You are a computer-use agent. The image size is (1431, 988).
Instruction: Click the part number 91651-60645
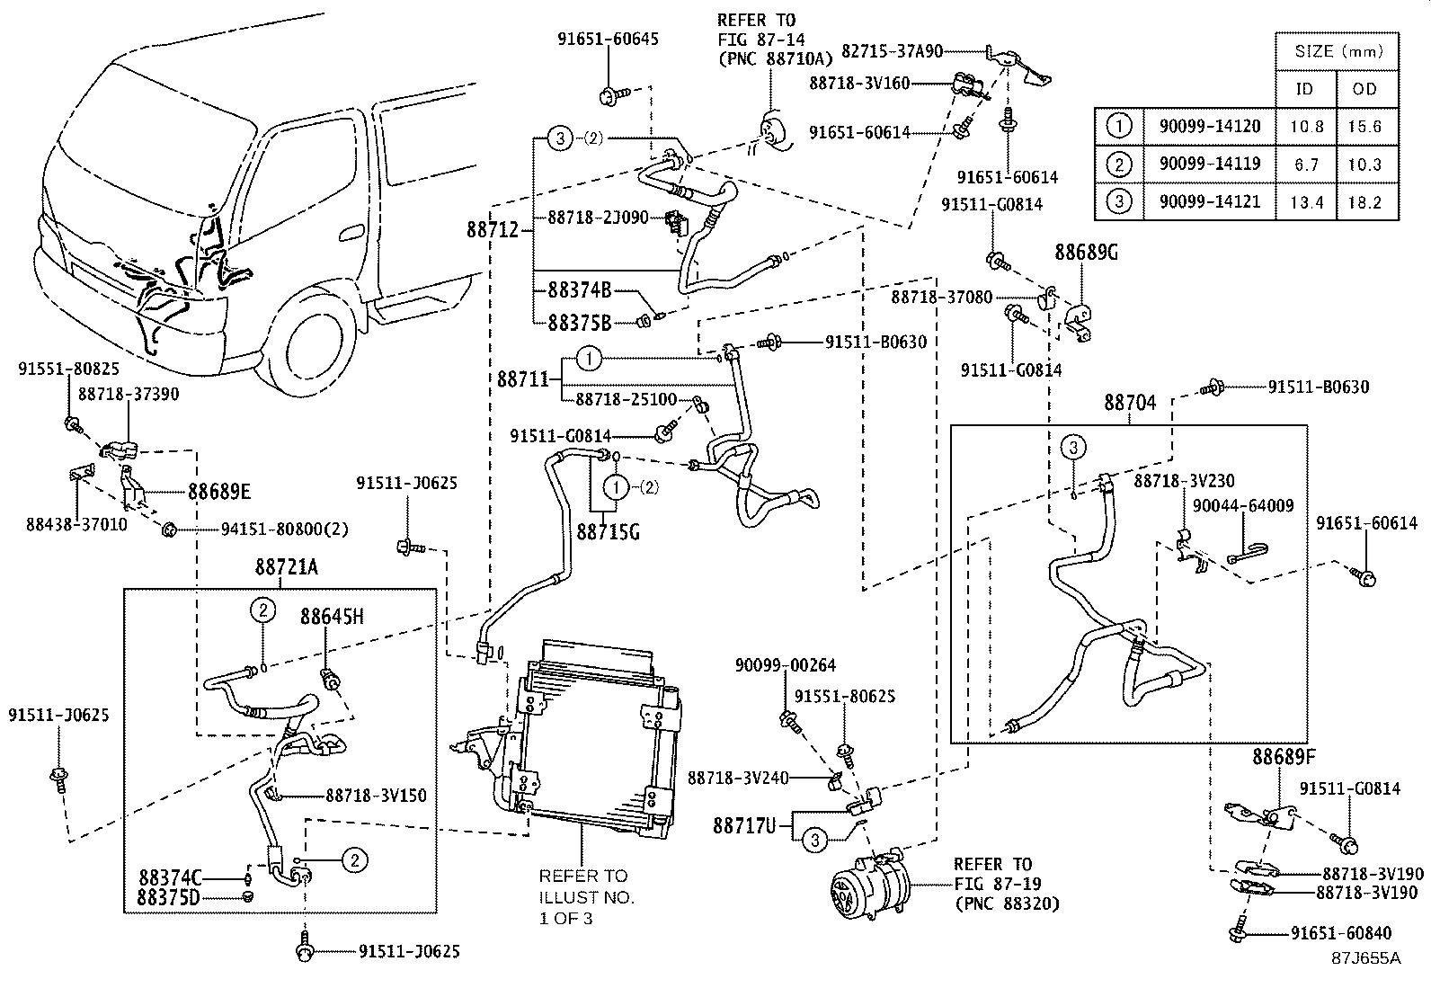tap(607, 39)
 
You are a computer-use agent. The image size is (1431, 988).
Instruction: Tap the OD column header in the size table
tap(1364, 88)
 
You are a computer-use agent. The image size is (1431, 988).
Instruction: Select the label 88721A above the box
tap(286, 567)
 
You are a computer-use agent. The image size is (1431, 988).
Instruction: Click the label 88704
tap(1130, 404)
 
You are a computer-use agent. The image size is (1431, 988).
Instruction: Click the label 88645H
tap(332, 617)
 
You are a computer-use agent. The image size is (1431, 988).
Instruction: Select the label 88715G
tap(608, 532)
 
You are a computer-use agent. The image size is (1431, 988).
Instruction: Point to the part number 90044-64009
tap(1243, 506)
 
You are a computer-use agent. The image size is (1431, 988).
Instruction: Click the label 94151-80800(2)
tap(284, 530)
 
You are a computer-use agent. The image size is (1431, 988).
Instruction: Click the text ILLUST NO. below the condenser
tap(586, 896)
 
